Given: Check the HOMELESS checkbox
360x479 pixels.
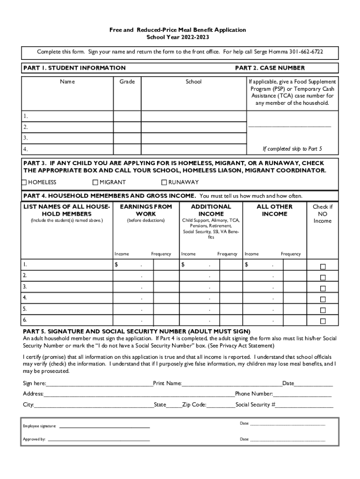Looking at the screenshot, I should [x=24, y=182].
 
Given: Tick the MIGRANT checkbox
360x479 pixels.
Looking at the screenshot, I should [x=95, y=182].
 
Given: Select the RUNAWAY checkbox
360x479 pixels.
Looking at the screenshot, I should [x=164, y=182].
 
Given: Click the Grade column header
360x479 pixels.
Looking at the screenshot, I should [x=127, y=82].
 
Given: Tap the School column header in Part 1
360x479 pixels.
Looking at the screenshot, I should [x=194, y=82].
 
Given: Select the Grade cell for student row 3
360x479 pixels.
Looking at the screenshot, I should [x=127, y=138].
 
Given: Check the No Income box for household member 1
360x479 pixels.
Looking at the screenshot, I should [x=323, y=267].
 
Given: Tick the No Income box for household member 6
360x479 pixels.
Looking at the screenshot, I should [x=323, y=321].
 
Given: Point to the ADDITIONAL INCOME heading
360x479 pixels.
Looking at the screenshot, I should [x=211, y=210].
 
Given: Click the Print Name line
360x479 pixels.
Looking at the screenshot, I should [x=231, y=384].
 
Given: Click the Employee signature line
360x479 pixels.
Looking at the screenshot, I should [x=104, y=427].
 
